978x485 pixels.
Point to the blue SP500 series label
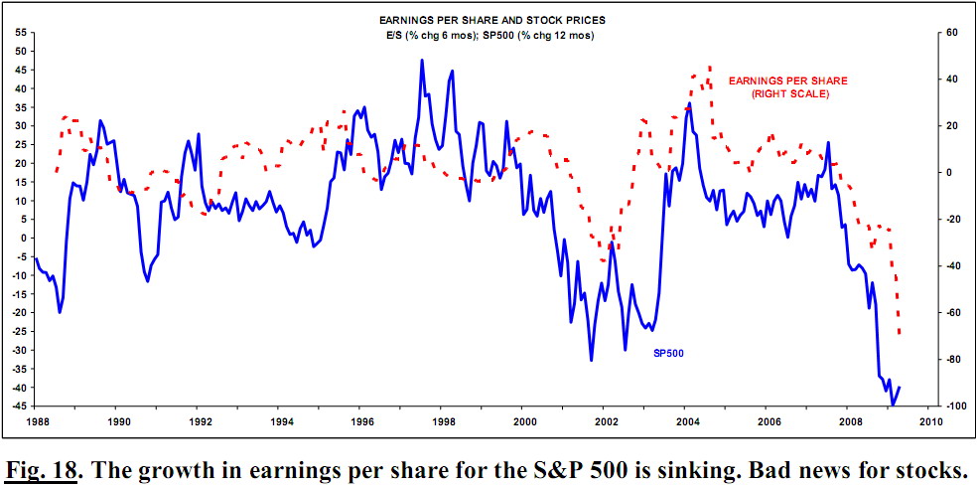click(667, 352)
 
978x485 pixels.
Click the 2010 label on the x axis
click(929, 420)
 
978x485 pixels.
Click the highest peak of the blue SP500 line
click(422, 61)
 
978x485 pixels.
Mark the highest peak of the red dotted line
click(709, 68)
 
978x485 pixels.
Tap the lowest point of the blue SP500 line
click(893, 404)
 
